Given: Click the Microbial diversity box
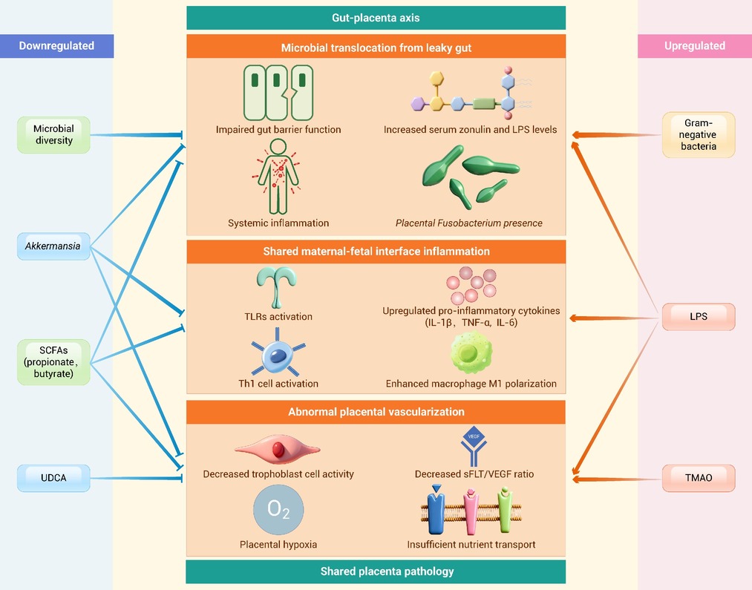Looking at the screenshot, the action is [x=53, y=134].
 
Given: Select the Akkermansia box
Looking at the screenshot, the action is [x=53, y=246].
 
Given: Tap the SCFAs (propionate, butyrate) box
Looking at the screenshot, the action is [x=53, y=362].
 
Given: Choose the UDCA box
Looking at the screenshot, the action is [x=53, y=478].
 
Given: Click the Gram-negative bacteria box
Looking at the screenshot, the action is [x=699, y=134].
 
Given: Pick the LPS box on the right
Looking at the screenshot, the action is [x=699, y=316].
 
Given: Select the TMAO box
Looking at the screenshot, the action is [x=699, y=478].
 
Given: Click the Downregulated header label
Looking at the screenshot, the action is [x=56, y=46].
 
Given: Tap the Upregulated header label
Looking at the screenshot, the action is [x=694, y=46].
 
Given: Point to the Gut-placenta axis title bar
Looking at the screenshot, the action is [x=376, y=18].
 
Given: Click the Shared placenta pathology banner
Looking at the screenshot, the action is [x=376, y=571].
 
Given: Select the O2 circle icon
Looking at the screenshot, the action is [x=278, y=510].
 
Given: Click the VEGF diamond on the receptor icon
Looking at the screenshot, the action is [x=474, y=436].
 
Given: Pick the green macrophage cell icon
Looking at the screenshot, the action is [x=471, y=353].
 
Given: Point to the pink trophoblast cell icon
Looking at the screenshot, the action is [x=278, y=450].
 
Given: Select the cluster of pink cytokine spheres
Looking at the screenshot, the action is [x=471, y=285].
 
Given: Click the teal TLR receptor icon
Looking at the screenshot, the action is [x=276, y=287].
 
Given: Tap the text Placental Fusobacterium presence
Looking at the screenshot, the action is [x=469, y=223].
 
